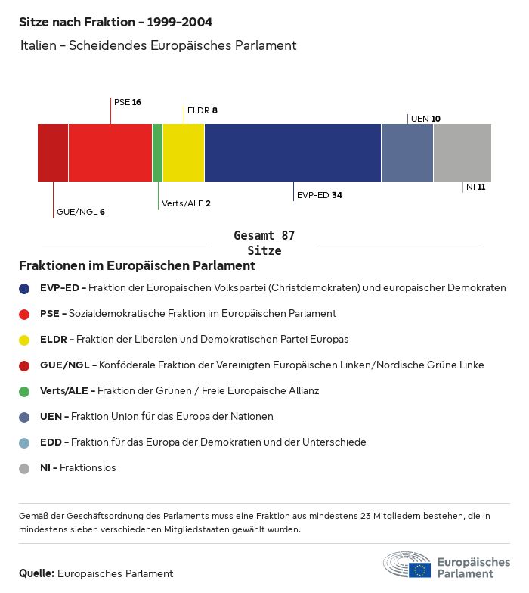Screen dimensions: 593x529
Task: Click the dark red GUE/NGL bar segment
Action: [x=53, y=153]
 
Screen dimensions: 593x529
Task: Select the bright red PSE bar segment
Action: [x=110, y=153]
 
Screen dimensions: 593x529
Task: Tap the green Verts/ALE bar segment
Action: [x=157, y=153]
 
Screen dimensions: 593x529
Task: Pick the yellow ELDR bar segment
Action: [x=184, y=153]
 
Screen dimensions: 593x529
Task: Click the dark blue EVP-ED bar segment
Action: [x=292, y=153]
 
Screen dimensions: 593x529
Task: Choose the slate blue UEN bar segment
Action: [x=407, y=153]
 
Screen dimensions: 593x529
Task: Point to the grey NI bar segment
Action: [x=462, y=153]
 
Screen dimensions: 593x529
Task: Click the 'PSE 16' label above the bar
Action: [x=128, y=102]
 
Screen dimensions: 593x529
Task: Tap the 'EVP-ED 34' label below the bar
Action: [x=319, y=195]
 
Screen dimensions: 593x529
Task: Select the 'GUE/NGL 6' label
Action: [x=80, y=212]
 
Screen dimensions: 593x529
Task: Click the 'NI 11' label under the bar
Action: [x=475, y=187]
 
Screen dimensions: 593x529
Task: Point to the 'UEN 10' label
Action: [x=425, y=119]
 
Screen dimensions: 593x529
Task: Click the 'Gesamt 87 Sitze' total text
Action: [x=264, y=243]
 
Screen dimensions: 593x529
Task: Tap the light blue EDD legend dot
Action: [x=25, y=442]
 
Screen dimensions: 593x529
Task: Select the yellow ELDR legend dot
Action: [x=25, y=340]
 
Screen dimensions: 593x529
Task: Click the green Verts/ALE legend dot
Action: [x=25, y=391]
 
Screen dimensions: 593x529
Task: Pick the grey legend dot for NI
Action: [x=25, y=468]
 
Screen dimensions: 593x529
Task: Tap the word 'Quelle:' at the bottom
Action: [x=36, y=573]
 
